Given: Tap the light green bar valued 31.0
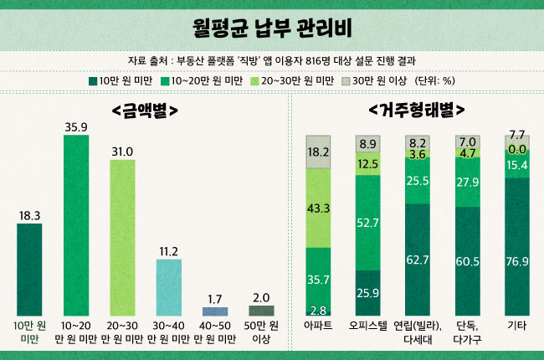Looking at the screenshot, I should (x=122, y=238).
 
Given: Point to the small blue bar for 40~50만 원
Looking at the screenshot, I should (x=215, y=311).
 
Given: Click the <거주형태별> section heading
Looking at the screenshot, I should (x=416, y=111).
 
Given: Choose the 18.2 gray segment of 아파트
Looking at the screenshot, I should (x=319, y=152).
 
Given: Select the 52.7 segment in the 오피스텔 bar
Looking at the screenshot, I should (x=368, y=223).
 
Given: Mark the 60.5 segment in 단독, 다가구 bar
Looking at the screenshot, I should (x=467, y=261).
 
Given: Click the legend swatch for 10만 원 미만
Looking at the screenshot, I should (x=92, y=82).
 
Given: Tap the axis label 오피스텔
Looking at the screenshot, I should (x=368, y=326).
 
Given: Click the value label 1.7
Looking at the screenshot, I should (x=215, y=298).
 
